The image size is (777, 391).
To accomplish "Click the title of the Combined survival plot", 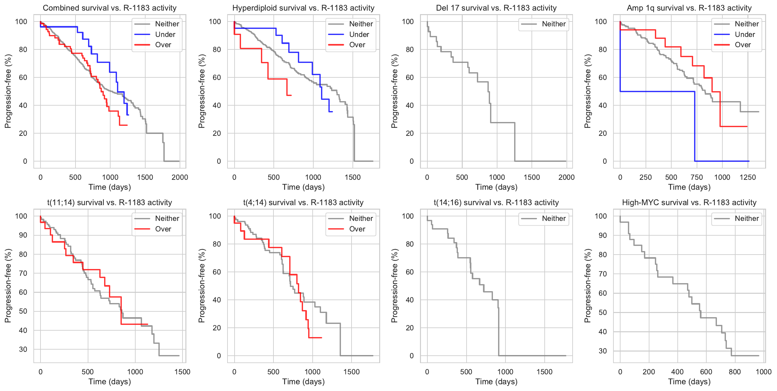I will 110,8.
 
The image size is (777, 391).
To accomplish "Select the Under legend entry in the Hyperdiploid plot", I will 359,34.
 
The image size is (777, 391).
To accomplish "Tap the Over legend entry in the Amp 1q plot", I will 743,45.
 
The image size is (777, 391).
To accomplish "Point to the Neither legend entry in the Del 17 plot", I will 553,24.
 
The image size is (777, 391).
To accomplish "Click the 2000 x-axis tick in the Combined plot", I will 180,177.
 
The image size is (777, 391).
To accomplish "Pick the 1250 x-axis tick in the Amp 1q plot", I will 747,177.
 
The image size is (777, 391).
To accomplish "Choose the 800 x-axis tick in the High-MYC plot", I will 735,372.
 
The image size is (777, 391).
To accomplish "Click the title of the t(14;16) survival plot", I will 496,203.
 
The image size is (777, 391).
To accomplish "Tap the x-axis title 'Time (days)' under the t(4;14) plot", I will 303,382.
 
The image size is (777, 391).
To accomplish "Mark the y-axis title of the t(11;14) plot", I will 8,286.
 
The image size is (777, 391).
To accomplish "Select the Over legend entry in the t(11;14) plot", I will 163,229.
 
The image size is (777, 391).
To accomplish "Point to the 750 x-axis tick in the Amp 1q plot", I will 696,177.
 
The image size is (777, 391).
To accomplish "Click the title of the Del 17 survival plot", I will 496,8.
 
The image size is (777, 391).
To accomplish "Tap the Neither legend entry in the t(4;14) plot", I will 361,219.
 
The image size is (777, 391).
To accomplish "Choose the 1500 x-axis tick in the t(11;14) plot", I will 182,372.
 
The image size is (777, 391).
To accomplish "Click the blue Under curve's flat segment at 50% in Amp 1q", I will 657,91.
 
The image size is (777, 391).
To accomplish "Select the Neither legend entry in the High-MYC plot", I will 746,219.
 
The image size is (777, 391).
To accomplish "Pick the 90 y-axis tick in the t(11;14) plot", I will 23,235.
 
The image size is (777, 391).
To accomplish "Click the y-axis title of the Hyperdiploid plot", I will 202,91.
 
